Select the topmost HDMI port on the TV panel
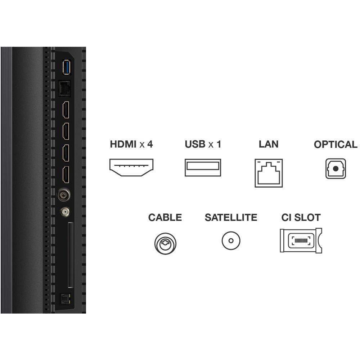[66, 110]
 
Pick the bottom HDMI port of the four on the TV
[66, 175]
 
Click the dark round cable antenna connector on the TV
[64, 195]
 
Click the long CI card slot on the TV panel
[71, 255]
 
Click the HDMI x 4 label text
[131, 145]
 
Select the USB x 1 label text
[203, 145]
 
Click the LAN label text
[269, 144]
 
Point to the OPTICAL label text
[336, 145]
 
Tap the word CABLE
[165, 217]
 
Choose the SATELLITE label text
[231, 217]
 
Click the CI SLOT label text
[301, 217]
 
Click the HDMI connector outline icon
[131, 167]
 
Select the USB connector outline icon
[203, 167]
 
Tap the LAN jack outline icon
[269, 173]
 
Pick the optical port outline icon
[336, 168]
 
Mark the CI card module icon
[301, 240]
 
